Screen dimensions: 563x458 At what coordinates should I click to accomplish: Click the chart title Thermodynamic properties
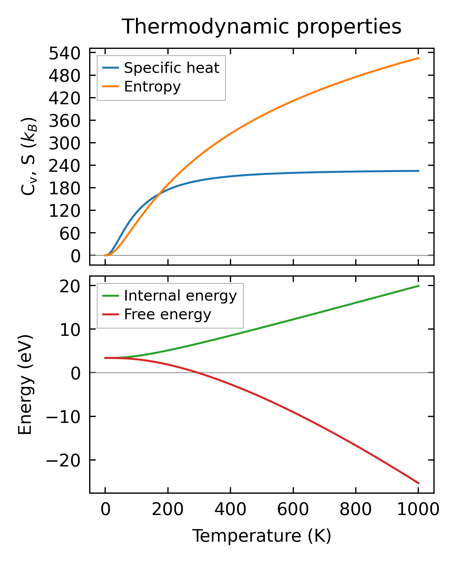point(262,27)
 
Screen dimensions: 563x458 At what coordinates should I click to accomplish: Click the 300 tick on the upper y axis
point(65,144)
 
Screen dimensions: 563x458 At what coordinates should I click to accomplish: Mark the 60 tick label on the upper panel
point(70,234)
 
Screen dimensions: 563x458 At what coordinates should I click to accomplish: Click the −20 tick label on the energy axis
point(63,460)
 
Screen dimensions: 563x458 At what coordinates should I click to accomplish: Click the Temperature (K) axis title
point(262,536)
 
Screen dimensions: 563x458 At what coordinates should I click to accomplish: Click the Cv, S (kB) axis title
point(29,156)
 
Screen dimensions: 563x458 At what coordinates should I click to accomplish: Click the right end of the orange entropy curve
point(419,58)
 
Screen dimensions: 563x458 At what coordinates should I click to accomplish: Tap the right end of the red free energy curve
point(419,483)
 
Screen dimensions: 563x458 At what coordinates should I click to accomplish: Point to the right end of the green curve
point(419,285)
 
